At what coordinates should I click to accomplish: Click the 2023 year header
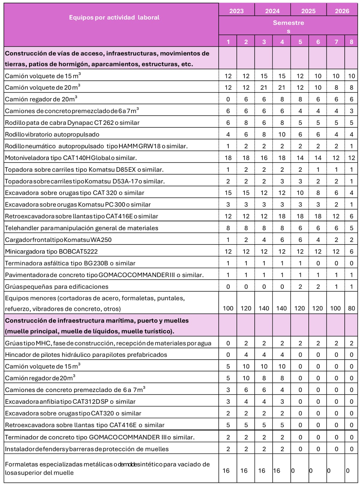[236, 11]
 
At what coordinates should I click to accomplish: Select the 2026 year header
[342, 11]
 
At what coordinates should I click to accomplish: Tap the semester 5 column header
[300, 42]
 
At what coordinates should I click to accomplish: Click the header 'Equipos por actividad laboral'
[114, 17]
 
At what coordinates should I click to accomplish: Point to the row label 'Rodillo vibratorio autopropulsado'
[52, 135]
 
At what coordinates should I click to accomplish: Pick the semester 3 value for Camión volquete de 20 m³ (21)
[264, 88]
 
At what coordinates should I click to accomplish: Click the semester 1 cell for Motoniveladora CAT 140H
[228, 158]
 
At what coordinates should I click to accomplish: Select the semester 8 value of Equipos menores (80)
[351, 308]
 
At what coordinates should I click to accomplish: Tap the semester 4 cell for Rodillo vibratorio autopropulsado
[282, 135]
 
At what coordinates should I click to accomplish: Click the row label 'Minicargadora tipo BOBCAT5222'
[51, 252]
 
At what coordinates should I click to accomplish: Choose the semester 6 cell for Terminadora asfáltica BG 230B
[318, 263]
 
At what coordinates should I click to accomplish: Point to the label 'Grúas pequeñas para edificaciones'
[57, 287]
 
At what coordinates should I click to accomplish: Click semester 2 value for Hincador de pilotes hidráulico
[246, 355]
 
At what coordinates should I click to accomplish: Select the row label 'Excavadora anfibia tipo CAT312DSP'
[70, 402]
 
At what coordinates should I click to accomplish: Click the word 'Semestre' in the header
[288, 23]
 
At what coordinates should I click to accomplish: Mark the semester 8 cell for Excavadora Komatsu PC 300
[351, 205]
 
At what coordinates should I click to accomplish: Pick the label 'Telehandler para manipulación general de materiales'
[82, 228]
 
